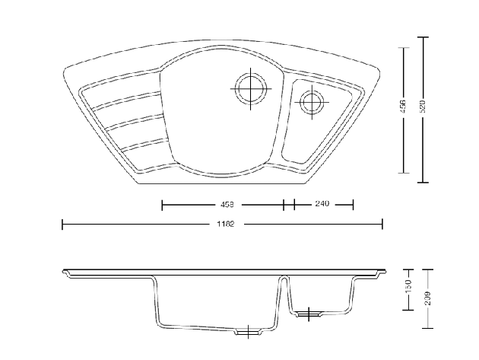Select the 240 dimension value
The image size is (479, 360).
[x=321, y=204]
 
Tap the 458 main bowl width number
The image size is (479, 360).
[x=226, y=204]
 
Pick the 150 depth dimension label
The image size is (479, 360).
[x=408, y=288]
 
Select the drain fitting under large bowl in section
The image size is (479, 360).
[x=248, y=331]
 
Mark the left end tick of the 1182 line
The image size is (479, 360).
[x=62, y=224]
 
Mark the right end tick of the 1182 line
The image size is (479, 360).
[x=382, y=224]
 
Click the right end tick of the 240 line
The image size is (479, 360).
[x=354, y=204]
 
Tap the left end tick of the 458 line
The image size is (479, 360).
[x=162, y=204]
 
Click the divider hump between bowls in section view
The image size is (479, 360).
[x=284, y=279]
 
